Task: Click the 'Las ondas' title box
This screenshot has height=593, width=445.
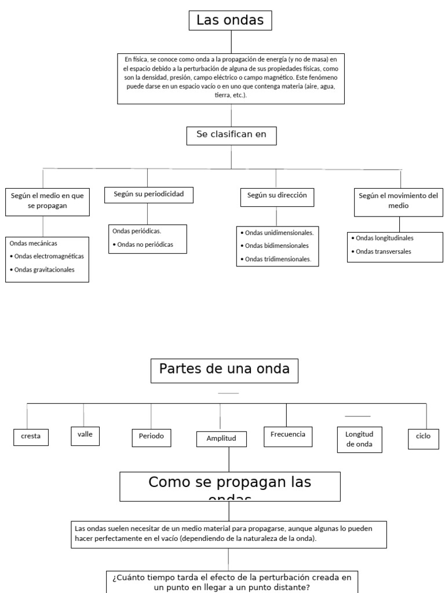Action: coord(230,21)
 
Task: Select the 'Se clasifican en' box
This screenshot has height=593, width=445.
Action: coord(231,136)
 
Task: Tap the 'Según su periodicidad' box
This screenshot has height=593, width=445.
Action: coord(149,195)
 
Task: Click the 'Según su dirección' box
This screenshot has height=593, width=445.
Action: coord(277,196)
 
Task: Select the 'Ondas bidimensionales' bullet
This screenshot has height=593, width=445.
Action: coord(276,246)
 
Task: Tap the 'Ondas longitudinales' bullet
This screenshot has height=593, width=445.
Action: coord(384,238)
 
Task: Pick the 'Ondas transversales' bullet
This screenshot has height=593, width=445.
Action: coord(383,252)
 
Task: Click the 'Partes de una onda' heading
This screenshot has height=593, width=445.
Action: coord(224,370)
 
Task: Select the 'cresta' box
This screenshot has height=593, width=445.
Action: coord(31,437)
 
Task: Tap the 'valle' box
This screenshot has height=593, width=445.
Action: coord(85,435)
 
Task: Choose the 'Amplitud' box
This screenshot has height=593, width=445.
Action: coord(221,439)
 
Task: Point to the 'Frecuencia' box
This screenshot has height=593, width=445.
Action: coord(287,435)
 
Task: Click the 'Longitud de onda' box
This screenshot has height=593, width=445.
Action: coord(359,440)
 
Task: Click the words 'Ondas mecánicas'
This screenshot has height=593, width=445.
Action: coord(34,244)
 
